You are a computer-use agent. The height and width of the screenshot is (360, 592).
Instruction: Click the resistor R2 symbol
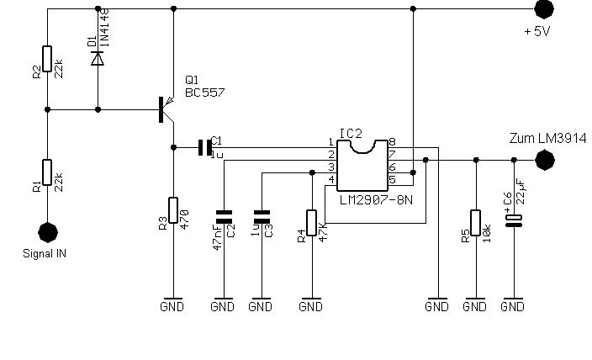[x=47, y=59]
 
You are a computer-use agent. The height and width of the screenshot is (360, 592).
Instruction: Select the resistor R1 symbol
[x=47, y=172]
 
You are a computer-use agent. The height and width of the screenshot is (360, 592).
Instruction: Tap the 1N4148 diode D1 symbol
[x=98, y=59]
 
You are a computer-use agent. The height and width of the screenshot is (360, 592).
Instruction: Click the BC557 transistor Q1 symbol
[x=166, y=109]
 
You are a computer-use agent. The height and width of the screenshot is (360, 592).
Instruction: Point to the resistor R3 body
[x=173, y=210]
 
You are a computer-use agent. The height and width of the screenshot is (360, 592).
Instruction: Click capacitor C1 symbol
[x=205, y=147]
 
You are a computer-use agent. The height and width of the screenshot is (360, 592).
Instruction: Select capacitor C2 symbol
[x=224, y=217]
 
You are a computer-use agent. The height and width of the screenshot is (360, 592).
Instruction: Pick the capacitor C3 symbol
[x=262, y=217]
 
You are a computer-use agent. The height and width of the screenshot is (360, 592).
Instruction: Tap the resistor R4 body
[x=311, y=223]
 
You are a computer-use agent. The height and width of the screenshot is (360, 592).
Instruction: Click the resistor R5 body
[x=476, y=223]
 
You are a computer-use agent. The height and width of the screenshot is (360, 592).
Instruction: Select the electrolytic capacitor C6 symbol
[x=514, y=221]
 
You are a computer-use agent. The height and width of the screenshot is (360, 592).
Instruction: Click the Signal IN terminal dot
[x=48, y=232]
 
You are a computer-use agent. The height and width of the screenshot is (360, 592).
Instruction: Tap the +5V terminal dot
[x=544, y=8]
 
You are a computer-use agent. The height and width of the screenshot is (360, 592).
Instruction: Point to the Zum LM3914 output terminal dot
[x=545, y=160]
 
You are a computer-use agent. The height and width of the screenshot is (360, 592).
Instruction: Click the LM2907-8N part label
[x=376, y=200]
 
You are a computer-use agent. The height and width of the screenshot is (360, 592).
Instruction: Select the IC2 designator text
[x=351, y=134]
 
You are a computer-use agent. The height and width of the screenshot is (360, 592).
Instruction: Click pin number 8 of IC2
[x=392, y=142]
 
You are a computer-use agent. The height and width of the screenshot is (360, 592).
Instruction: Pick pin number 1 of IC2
[x=331, y=142]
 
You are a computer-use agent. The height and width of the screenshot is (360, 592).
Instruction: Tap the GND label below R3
[x=172, y=306]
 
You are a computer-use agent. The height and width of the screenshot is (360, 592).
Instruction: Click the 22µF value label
[x=521, y=193]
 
